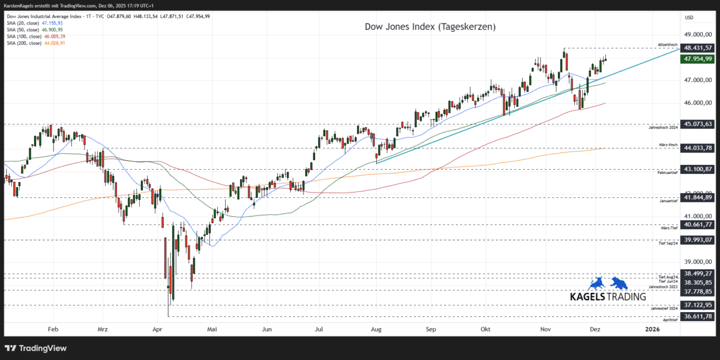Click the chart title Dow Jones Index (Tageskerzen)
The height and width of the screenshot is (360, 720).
coord(430,27)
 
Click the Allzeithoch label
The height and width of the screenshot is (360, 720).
coord(668,45)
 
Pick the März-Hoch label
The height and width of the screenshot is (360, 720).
coord(668,145)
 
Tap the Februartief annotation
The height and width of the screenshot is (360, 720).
coord(667,173)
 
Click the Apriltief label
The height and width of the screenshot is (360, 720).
coord(670,320)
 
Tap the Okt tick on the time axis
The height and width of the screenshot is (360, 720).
coord(486,329)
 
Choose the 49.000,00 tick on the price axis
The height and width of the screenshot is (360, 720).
coord(698,35)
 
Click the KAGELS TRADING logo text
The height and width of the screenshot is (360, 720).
coord(608,296)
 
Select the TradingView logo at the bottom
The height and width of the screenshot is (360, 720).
coord(36,348)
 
